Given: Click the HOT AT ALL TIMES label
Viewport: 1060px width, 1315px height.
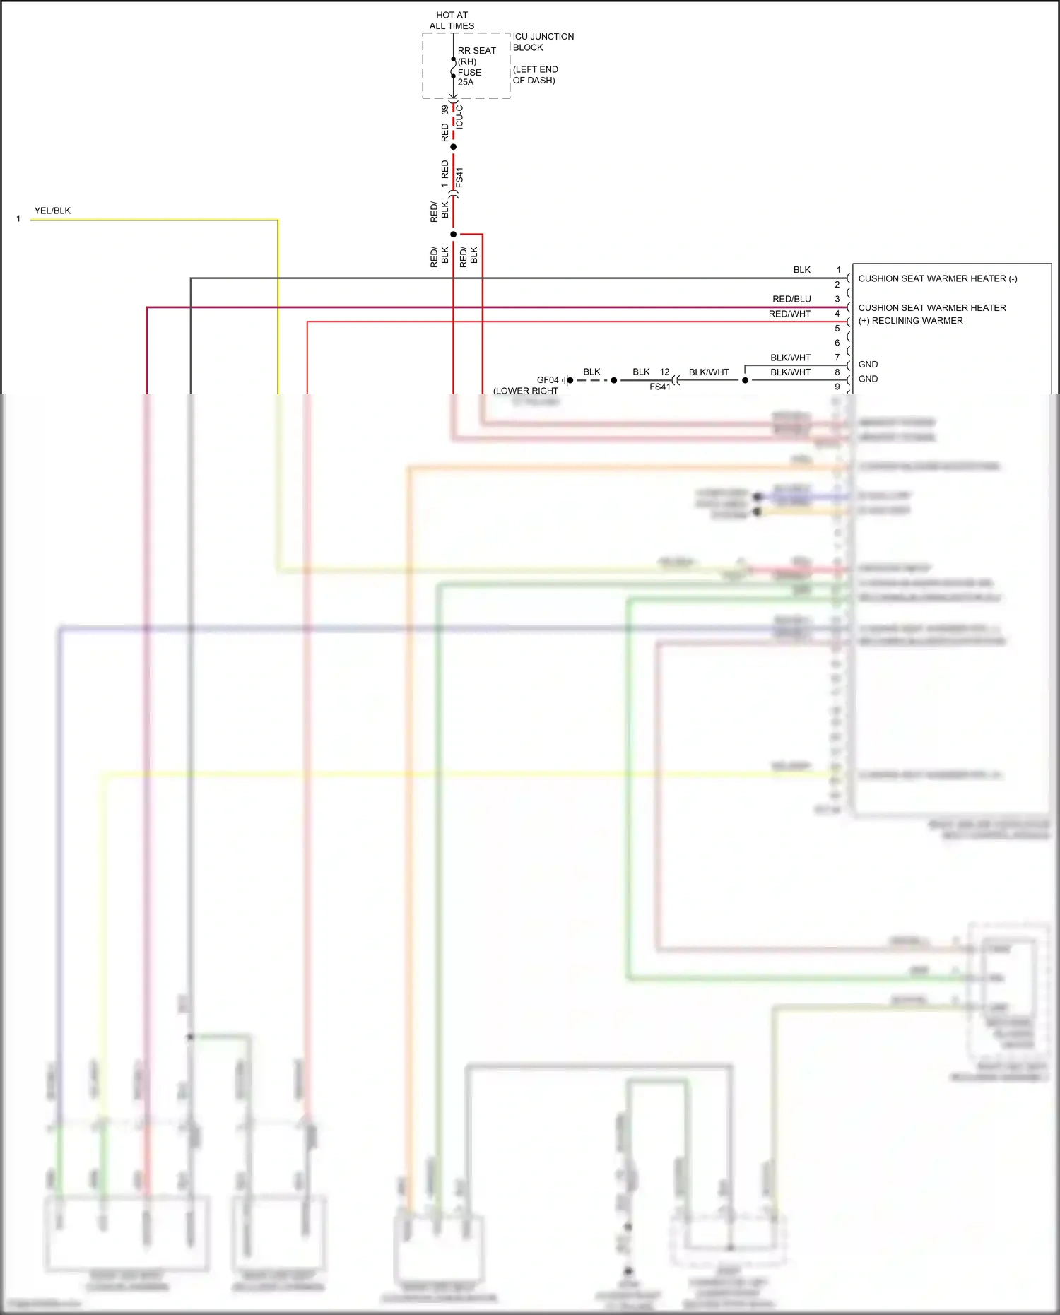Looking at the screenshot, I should coord(452,20).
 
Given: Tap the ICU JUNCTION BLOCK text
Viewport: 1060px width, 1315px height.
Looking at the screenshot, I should coord(543,42).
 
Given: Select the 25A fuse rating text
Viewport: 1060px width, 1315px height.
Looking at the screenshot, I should coord(466,83).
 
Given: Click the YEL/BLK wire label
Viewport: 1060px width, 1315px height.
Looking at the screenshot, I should coord(52,211).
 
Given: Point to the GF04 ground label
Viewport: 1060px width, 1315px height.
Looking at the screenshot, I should coord(547,380).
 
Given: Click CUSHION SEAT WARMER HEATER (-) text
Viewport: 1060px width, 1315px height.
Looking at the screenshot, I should coord(937,278).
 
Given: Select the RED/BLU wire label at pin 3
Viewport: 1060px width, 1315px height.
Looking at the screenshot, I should coord(791,299).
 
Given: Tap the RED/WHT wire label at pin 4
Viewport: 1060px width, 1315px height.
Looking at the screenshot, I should coord(789,314).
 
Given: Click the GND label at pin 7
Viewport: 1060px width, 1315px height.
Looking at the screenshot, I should coord(868,365).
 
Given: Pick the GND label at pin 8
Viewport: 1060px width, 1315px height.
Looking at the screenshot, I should coord(868,379).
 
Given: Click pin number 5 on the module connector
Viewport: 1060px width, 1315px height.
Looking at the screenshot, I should coord(837,329).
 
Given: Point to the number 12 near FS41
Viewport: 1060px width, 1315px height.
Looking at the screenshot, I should coord(664,372).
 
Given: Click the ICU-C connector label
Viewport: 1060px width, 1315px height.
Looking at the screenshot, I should coord(459,116).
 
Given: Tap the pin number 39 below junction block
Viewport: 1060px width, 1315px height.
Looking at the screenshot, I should coord(444,110).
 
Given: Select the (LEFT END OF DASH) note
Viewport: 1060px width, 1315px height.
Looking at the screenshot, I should coord(535,75).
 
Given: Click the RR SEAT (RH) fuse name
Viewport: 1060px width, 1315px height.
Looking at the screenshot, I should coord(476,56).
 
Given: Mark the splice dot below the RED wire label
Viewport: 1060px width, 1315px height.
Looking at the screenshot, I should coord(453,147).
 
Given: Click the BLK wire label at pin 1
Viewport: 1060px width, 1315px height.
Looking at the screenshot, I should coord(801,270).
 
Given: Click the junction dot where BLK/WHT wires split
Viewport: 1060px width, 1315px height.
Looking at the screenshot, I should coord(745,380).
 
